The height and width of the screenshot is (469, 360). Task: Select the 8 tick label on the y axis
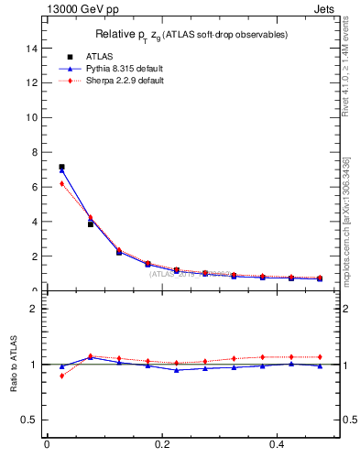pos(33,152)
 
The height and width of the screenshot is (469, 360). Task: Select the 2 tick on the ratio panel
pos(33,309)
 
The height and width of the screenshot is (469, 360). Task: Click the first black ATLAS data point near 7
pos(61,167)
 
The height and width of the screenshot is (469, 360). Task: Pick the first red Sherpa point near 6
pos(61,183)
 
